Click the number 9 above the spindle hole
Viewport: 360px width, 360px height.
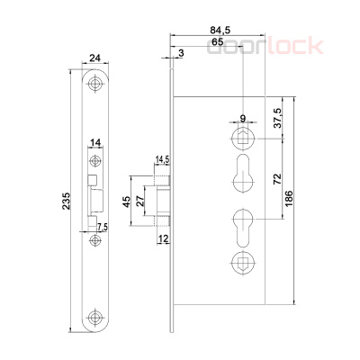243,118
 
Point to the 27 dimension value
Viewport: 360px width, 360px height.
139,199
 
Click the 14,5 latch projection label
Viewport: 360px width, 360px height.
163,160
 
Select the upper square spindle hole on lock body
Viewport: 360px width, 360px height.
243,137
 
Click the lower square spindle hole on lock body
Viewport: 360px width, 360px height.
243,262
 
